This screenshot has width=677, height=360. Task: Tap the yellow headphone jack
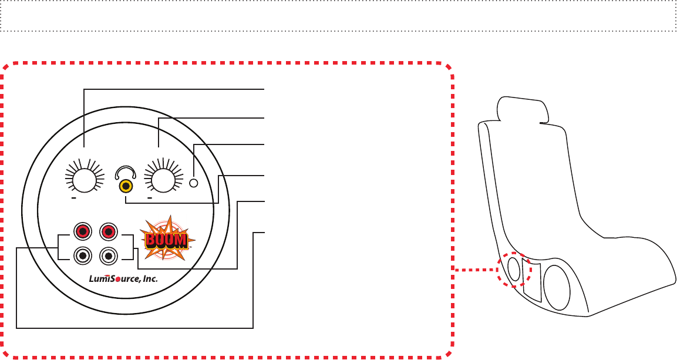[126, 187]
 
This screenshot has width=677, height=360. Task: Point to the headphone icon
[126, 172]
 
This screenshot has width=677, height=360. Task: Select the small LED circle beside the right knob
[194, 183]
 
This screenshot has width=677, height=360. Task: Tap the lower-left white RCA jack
[83, 256]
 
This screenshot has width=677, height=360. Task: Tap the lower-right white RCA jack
[107, 256]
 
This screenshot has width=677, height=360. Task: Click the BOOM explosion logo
[167, 239]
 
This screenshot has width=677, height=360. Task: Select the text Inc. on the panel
[150, 280]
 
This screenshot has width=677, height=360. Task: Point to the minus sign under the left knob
[75, 198]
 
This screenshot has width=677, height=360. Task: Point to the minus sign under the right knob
[150, 198]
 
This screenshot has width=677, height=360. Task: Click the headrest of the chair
[522, 109]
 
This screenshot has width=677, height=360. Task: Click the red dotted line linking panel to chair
[476, 270]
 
